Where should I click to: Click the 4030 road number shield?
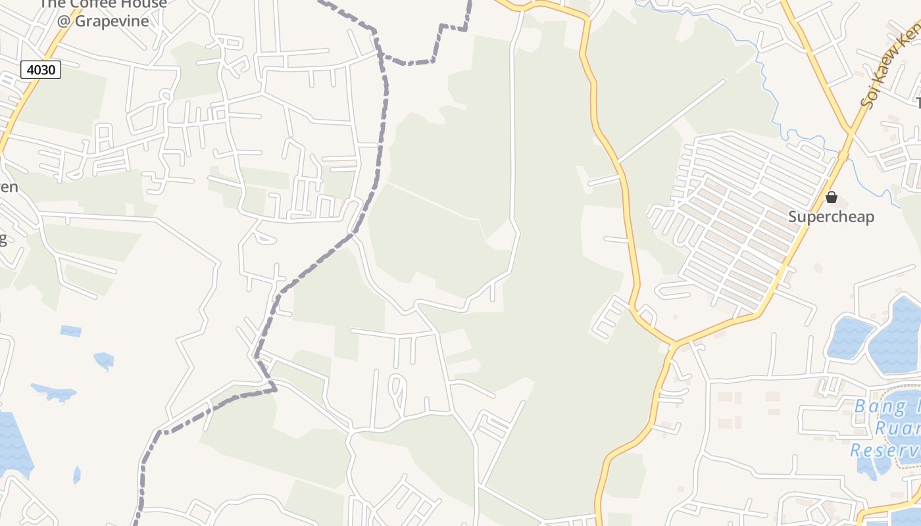coord(41,69)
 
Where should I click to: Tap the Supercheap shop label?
coord(831,216)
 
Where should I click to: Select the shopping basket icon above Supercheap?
coord(832,197)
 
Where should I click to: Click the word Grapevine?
coord(111,20)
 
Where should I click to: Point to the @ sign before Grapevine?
coord(63,20)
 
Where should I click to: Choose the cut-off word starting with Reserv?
coord(885,450)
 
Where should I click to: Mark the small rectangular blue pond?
coord(70,331)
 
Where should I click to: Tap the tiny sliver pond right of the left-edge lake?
coord(77,475)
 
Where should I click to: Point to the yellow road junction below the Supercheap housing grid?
coord(675,343)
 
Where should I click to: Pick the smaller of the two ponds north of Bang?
coord(849,337)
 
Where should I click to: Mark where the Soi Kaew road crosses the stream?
coord(843,156)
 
